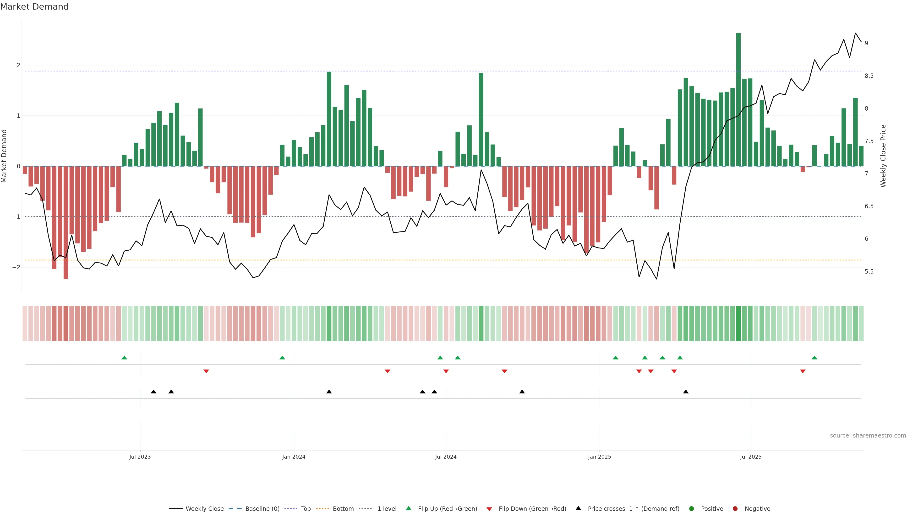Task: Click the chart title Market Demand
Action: [x=34, y=7]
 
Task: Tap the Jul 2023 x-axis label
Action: [x=140, y=457]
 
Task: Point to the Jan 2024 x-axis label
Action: [x=294, y=457]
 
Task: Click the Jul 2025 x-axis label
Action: [x=751, y=457]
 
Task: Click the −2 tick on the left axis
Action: [x=16, y=267]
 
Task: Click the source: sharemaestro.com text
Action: [x=868, y=436]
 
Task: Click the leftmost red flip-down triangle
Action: [x=206, y=371]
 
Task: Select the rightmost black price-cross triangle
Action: [x=686, y=392]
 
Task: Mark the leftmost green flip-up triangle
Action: [x=124, y=358]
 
